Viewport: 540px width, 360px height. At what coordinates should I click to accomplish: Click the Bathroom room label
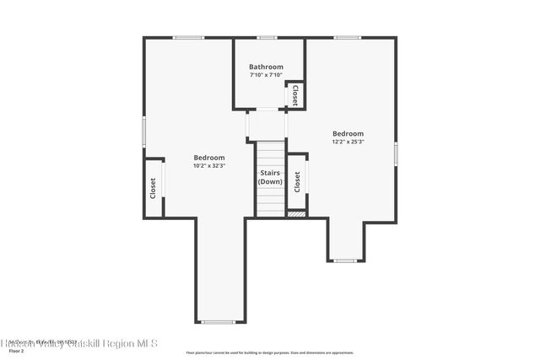click(266, 67)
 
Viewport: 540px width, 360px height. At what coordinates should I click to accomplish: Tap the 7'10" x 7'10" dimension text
click(266, 75)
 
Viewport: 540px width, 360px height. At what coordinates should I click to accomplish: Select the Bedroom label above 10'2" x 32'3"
click(209, 158)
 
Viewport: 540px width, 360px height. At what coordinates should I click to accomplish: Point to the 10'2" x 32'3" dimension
click(209, 166)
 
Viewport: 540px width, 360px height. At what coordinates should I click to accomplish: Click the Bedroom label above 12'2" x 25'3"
click(348, 133)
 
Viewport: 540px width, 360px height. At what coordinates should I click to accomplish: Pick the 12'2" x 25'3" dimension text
click(348, 142)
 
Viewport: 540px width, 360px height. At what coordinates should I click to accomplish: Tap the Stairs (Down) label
click(270, 177)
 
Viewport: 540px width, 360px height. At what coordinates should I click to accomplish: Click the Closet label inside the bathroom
click(295, 95)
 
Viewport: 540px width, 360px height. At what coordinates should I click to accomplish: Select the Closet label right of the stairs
click(297, 181)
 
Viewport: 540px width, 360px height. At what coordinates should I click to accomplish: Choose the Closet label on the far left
click(153, 186)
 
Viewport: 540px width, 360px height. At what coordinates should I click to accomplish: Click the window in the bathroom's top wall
click(267, 37)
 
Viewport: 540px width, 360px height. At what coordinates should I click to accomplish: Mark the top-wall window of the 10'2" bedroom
click(188, 37)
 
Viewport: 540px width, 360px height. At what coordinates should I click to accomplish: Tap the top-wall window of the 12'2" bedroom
click(347, 37)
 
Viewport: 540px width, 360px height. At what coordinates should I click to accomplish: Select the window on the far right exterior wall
click(395, 153)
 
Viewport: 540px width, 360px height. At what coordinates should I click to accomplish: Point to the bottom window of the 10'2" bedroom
click(219, 322)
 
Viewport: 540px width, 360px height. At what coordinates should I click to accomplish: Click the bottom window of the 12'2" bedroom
click(344, 261)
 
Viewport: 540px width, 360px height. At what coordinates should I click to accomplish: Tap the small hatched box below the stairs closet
click(296, 214)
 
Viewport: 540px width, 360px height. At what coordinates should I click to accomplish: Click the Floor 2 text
click(16, 350)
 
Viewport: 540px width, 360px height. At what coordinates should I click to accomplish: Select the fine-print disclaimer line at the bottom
click(269, 352)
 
